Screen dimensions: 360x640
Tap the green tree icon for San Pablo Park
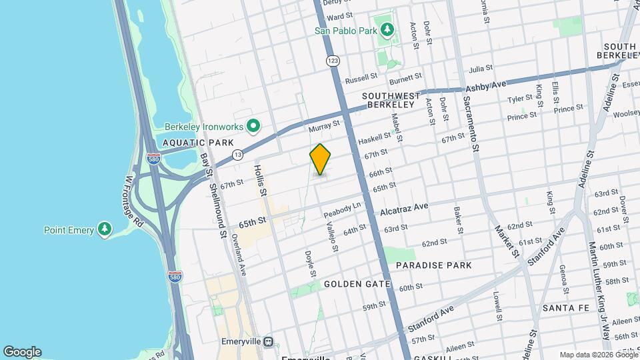386,29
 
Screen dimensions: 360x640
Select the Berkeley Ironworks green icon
253,125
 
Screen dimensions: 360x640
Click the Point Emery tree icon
104,230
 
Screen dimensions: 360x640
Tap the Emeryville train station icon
268,341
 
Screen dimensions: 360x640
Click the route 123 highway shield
333,61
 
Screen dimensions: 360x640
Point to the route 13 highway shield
237,155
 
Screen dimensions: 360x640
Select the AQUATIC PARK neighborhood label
198,143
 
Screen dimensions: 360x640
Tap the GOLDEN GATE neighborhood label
357,284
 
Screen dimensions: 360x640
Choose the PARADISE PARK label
433,265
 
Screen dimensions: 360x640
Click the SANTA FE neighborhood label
569,308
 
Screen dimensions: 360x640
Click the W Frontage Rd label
135,201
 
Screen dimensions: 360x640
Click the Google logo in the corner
22,352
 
